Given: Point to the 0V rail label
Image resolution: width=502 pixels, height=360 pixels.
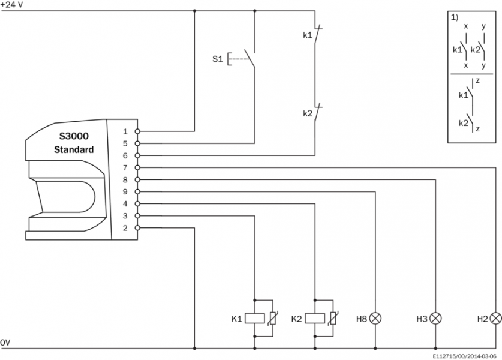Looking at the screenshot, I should coord(5,343).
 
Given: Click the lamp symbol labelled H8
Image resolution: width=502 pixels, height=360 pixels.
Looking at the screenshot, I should coord(375,318).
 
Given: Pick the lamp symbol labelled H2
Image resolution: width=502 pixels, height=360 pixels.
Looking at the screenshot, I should coord(496,318).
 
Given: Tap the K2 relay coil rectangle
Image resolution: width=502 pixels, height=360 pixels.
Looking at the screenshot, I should coord(314,318).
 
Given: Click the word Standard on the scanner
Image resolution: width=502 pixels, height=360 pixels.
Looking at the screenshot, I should coord(74,149).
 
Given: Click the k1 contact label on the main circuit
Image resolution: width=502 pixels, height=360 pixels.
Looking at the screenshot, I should coord(307,35).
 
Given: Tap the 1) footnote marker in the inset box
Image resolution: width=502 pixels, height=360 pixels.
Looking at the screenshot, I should coord(454,17).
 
